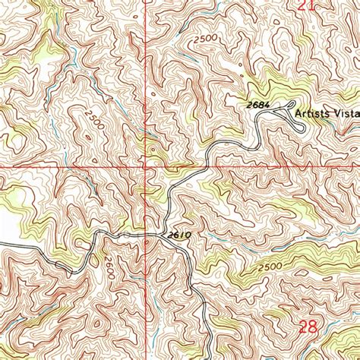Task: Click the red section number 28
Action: point(308,327)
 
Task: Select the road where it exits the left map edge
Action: point(2,244)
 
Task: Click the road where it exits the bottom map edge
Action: point(207,358)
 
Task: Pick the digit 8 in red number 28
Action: point(313,327)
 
